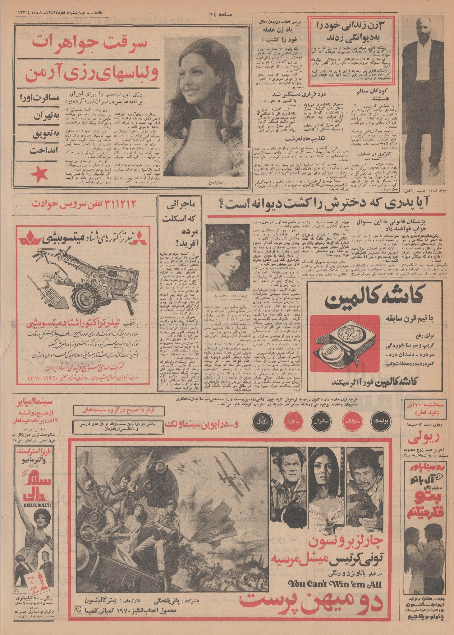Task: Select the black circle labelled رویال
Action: click(260, 422)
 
